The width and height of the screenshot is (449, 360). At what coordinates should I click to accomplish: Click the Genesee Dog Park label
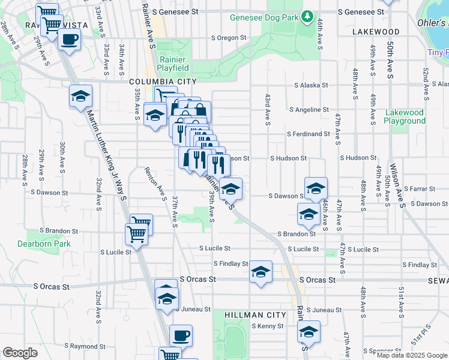264,17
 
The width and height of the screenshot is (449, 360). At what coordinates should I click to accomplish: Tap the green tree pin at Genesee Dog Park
307,16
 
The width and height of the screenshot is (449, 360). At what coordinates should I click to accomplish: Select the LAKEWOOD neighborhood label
376,31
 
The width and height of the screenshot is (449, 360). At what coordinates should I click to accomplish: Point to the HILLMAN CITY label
250,315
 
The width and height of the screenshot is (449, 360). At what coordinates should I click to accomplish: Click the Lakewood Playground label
405,116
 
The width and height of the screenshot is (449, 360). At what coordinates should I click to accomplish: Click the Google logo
19,352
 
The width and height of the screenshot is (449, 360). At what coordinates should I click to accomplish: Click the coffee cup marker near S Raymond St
181,336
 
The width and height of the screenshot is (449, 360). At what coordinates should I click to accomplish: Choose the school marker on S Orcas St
261,272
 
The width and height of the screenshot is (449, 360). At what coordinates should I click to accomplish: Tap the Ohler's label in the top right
432,22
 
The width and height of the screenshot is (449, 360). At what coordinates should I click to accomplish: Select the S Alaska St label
311,85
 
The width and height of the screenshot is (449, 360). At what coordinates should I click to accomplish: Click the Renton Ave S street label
155,183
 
